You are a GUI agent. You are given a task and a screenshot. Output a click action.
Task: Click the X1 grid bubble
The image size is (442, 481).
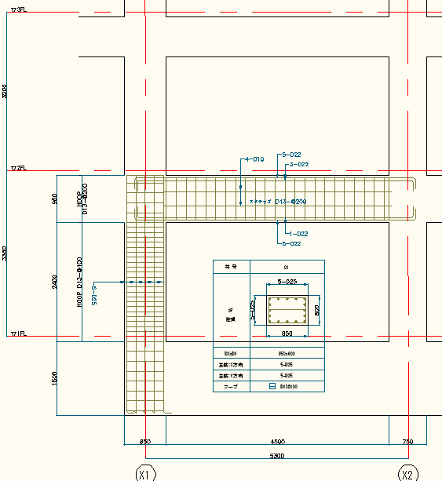tap(145, 474)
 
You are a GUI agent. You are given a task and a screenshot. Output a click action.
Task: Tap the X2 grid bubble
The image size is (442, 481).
tap(407, 474)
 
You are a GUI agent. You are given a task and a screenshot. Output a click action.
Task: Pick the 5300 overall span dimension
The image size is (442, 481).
tap(277, 455)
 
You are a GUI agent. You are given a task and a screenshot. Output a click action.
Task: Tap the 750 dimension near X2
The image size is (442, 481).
tap(407, 442)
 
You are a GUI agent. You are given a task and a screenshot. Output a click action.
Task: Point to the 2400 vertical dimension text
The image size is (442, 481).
tap(53, 280)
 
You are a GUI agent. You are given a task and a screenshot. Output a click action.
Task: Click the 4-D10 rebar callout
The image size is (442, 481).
tap(254, 159)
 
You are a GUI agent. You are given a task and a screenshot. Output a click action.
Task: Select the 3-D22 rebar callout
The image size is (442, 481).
tap(298, 165)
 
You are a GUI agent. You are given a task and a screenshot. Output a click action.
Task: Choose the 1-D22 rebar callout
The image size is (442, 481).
tap(298, 234)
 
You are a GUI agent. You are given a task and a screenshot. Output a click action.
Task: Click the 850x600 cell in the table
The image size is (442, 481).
tap(286, 352)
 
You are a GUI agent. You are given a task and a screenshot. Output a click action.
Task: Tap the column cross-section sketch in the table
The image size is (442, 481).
tap(286, 312)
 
